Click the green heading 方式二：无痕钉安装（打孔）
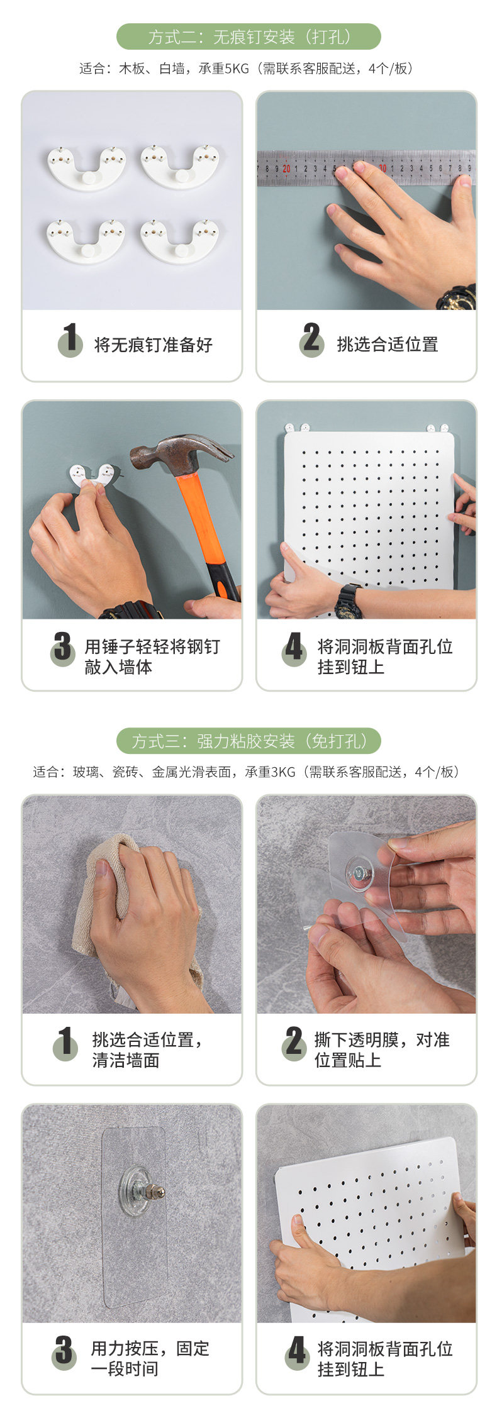pyautogui.click(x=248, y=37)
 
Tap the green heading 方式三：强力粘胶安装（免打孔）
pyautogui.click(x=248, y=741)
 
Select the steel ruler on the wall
pyautogui.click(x=366, y=168)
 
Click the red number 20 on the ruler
pyautogui.click(x=286, y=169)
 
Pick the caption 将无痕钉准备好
pyautogui.click(x=154, y=345)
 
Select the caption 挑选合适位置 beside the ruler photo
pyautogui.click(x=388, y=344)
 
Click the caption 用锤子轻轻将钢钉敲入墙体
pyautogui.click(x=152, y=656)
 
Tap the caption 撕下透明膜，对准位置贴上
pyautogui.click(x=382, y=1049)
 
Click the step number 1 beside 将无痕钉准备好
pyautogui.click(x=70, y=339)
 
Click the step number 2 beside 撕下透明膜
pyautogui.click(x=294, y=1042)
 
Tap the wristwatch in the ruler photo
pyautogui.click(x=457, y=297)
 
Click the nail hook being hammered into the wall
pyautogui.click(x=94, y=475)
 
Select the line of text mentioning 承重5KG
pyautogui.click(x=248, y=69)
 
